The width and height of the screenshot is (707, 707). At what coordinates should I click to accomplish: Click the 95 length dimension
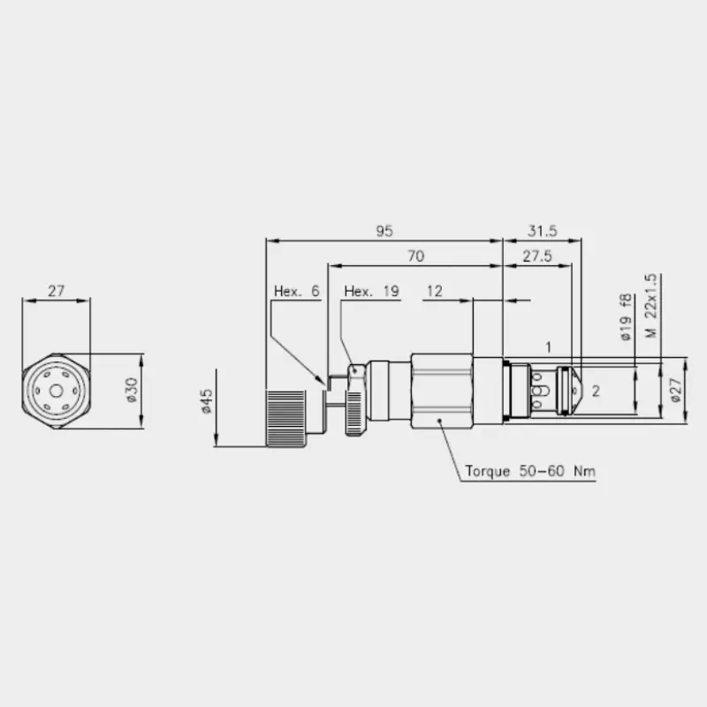384,232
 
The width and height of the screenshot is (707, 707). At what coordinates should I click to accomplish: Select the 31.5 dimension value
543,232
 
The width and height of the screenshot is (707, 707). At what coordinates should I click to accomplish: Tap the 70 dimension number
415,256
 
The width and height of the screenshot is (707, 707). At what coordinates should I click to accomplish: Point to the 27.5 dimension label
537,256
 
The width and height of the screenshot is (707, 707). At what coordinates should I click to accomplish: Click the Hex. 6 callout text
297,292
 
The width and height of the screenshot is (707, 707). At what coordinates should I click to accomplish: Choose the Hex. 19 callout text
371,292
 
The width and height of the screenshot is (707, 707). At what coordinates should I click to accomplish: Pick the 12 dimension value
434,292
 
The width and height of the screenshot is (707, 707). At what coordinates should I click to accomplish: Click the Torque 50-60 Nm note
530,471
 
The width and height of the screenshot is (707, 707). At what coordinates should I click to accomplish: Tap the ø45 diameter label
207,401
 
